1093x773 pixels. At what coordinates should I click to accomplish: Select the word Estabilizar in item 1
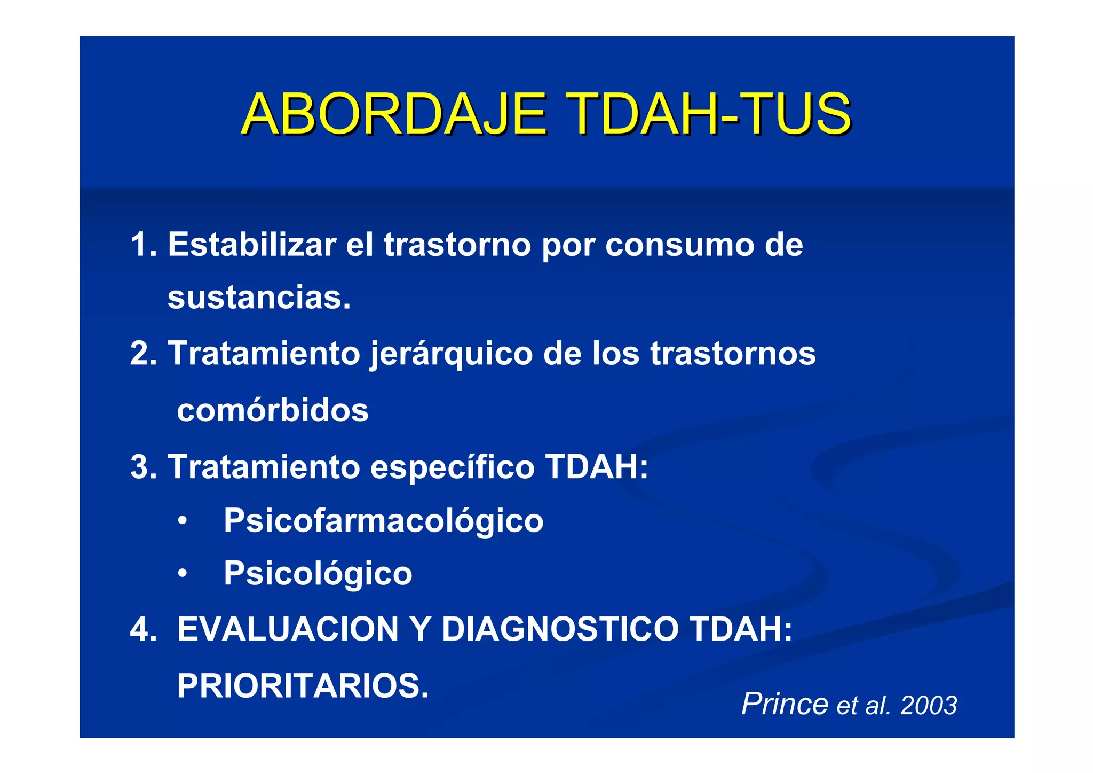point(251,245)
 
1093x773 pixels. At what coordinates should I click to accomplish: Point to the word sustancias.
point(259,298)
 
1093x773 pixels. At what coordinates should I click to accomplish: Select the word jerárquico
point(451,354)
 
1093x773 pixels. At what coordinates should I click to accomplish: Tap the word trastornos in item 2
point(733,353)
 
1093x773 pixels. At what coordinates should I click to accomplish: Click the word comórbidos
point(273,410)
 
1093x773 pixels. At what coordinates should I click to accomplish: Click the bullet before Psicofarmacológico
point(183,521)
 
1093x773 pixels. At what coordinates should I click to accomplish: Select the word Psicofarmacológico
point(383,521)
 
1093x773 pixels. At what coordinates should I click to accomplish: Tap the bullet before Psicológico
point(183,574)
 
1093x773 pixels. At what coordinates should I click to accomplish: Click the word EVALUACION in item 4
point(288,629)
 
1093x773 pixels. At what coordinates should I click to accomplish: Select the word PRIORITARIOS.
point(303,685)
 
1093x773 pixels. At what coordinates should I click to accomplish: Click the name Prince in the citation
point(785,704)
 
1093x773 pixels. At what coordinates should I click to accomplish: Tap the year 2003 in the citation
point(929,706)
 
